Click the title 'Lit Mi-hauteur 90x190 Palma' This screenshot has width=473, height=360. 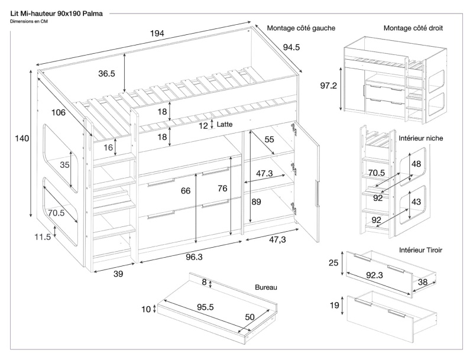(x=56, y=12)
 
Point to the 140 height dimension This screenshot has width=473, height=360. (x=22, y=138)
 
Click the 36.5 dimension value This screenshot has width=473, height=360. (x=106, y=74)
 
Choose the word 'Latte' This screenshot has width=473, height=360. (x=225, y=125)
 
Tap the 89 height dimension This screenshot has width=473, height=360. (x=257, y=202)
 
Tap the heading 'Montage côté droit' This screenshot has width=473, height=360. (x=414, y=28)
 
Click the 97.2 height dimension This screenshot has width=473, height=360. (x=329, y=86)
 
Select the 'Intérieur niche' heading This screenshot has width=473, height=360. (x=422, y=138)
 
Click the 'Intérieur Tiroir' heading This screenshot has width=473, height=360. (x=422, y=250)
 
